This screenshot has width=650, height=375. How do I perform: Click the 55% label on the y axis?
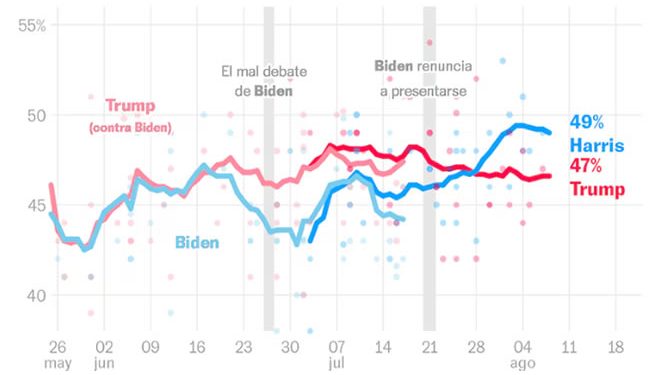pyautogui.click(x=32, y=24)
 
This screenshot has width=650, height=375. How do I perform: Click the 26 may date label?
pyautogui.click(x=57, y=354)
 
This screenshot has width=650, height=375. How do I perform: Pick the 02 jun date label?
pyautogui.click(x=103, y=354)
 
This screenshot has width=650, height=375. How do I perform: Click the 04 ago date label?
pyautogui.click(x=522, y=354)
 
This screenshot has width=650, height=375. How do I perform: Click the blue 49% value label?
pyautogui.click(x=586, y=122)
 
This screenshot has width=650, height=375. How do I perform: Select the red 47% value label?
pyautogui.click(x=586, y=166)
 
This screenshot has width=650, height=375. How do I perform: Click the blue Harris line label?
pyautogui.click(x=597, y=145)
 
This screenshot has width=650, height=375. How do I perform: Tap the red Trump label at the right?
pyautogui.click(x=597, y=189)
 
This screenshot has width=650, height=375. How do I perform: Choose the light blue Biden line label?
pyautogui.click(x=197, y=242)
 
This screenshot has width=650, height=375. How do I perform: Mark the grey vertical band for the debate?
pyautogui.click(x=268, y=200)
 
